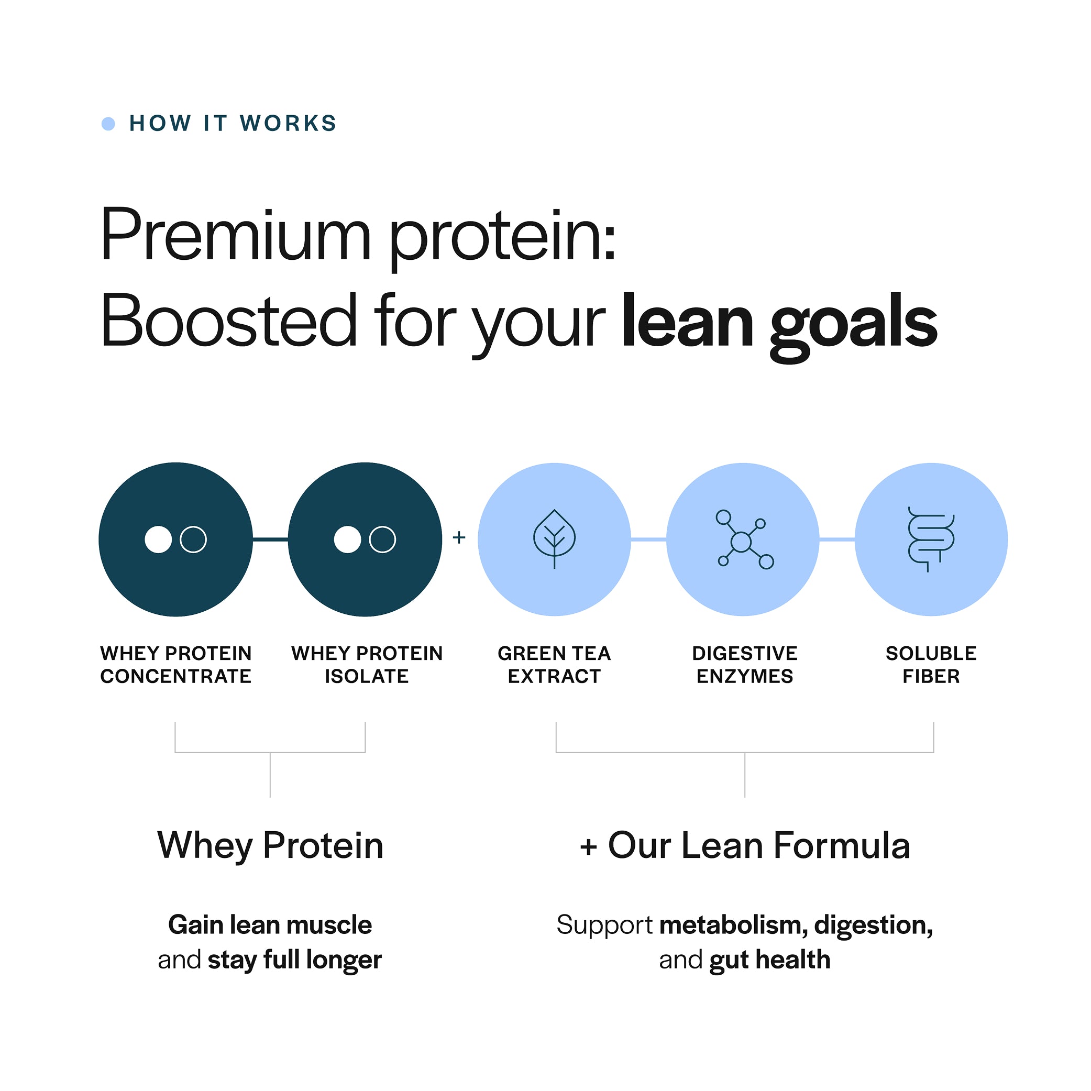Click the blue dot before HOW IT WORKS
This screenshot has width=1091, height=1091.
108,124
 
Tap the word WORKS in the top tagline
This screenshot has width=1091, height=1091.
288,123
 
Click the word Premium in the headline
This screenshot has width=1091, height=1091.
236,236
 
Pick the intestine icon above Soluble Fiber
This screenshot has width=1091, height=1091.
931,539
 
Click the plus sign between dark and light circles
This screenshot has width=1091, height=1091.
459,537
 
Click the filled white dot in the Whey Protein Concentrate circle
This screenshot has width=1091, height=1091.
158,539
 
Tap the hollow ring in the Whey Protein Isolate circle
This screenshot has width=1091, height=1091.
382,539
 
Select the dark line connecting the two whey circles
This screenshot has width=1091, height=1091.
270,540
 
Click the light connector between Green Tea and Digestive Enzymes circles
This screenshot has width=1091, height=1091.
648,540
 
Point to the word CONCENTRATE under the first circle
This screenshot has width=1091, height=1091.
175,676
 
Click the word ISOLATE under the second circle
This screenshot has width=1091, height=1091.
367,676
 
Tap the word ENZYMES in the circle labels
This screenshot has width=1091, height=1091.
744,676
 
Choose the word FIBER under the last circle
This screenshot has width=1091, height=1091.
931,676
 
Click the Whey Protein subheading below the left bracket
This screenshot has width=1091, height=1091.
270,845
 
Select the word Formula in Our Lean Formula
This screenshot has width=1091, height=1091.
841,845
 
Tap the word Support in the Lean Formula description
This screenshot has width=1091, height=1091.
604,925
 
